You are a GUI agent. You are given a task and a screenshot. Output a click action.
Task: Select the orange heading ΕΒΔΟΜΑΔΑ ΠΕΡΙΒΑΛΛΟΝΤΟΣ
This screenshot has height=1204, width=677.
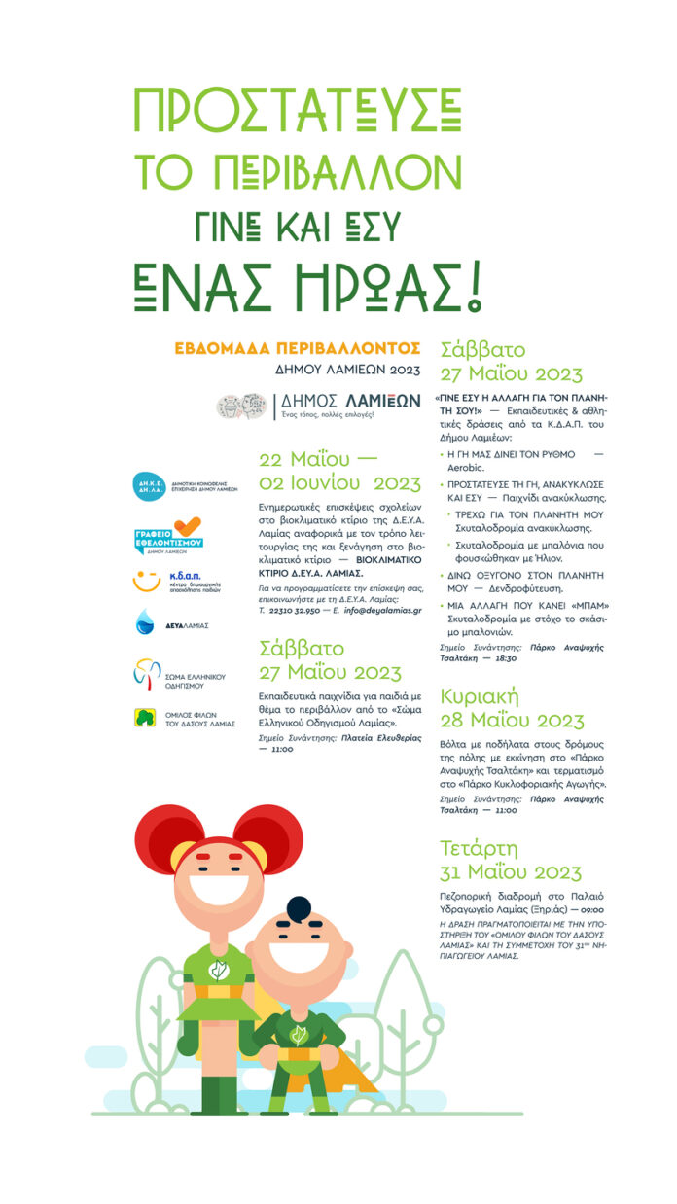(x=297, y=347)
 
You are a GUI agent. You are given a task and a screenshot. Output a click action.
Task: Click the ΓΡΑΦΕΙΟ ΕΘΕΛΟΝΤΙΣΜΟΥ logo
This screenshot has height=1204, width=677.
(x=167, y=535)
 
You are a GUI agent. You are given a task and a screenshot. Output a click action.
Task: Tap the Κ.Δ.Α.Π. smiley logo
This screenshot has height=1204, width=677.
(x=148, y=582)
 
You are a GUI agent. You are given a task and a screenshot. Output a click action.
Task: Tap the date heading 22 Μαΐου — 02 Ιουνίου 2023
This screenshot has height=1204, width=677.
(x=339, y=473)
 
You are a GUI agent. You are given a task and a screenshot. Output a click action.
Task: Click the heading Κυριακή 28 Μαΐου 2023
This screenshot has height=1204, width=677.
(x=512, y=709)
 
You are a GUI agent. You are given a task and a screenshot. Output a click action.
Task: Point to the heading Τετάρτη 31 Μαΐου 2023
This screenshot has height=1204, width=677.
(x=511, y=859)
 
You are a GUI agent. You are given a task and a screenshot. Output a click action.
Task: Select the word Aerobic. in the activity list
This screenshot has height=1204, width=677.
(x=466, y=467)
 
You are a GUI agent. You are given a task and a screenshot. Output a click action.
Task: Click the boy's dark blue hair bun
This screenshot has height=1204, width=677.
(x=299, y=908)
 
